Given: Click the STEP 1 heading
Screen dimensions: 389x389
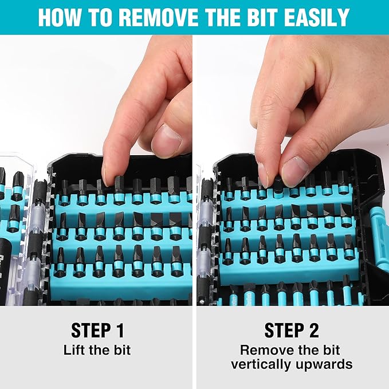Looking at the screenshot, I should (x=97, y=330).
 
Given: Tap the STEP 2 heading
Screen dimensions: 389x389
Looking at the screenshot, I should (x=292, y=330).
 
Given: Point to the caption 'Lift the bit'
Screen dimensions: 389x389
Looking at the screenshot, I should (x=97, y=349).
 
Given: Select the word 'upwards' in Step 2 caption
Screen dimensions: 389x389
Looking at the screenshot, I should (x=324, y=364).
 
